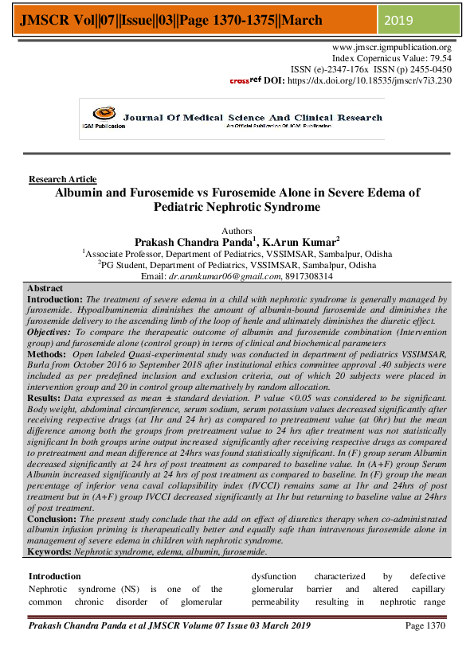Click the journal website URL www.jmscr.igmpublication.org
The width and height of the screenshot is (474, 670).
(391, 48)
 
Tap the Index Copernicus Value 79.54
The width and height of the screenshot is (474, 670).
(435, 59)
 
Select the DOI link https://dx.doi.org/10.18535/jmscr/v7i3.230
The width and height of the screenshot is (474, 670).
(358, 80)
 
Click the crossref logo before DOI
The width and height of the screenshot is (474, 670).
(245, 80)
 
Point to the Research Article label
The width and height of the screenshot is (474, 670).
(62, 179)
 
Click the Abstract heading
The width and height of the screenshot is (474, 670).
(45, 287)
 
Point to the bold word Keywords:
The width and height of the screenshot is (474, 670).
(49, 551)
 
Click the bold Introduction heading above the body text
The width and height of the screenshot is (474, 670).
(55, 575)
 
